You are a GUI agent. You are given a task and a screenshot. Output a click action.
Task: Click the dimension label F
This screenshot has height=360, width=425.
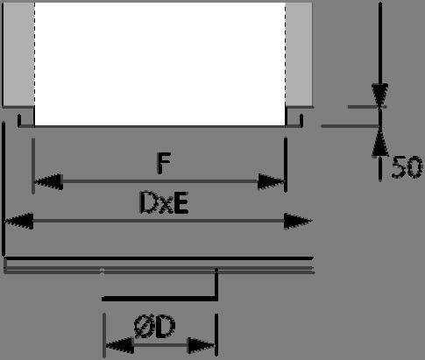point(164,164)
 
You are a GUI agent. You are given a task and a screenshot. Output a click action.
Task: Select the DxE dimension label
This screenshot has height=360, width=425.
point(164,203)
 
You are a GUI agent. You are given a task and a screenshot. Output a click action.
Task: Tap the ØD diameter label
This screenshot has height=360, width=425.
point(155,326)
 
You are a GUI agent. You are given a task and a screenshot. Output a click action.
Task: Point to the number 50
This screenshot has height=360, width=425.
point(407,167)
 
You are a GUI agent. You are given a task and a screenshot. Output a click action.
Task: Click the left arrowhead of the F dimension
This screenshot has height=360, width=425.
point(49,181)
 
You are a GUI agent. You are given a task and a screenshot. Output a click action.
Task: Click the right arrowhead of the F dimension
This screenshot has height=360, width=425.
point(271,181)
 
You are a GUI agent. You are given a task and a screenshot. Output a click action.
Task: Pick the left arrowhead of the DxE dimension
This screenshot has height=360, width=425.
point(19,221)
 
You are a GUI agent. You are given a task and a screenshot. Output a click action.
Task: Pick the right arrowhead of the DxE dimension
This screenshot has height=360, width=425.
point(298,222)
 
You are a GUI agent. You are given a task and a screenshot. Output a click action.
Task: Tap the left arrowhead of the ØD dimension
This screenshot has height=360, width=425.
point(120,345)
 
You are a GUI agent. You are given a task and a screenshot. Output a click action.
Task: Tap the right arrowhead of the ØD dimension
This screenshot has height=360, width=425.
point(202,345)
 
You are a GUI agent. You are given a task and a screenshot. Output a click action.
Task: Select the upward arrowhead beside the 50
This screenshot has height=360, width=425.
point(380,142)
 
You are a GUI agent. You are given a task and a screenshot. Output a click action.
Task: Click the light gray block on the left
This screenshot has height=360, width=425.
point(18,54)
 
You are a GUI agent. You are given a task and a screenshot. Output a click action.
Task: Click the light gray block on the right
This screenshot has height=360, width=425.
point(299,54)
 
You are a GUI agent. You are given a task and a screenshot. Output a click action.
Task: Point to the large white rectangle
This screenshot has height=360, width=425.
point(159,64)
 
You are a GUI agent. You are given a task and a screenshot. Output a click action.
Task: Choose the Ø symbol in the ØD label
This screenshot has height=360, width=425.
point(143,326)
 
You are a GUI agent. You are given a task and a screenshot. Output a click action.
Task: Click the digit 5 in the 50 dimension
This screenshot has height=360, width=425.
point(399,167)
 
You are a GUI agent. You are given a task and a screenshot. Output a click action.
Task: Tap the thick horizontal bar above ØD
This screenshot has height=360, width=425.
point(159,299)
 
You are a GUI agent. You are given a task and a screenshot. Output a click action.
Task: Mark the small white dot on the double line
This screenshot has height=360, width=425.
point(102,271)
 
